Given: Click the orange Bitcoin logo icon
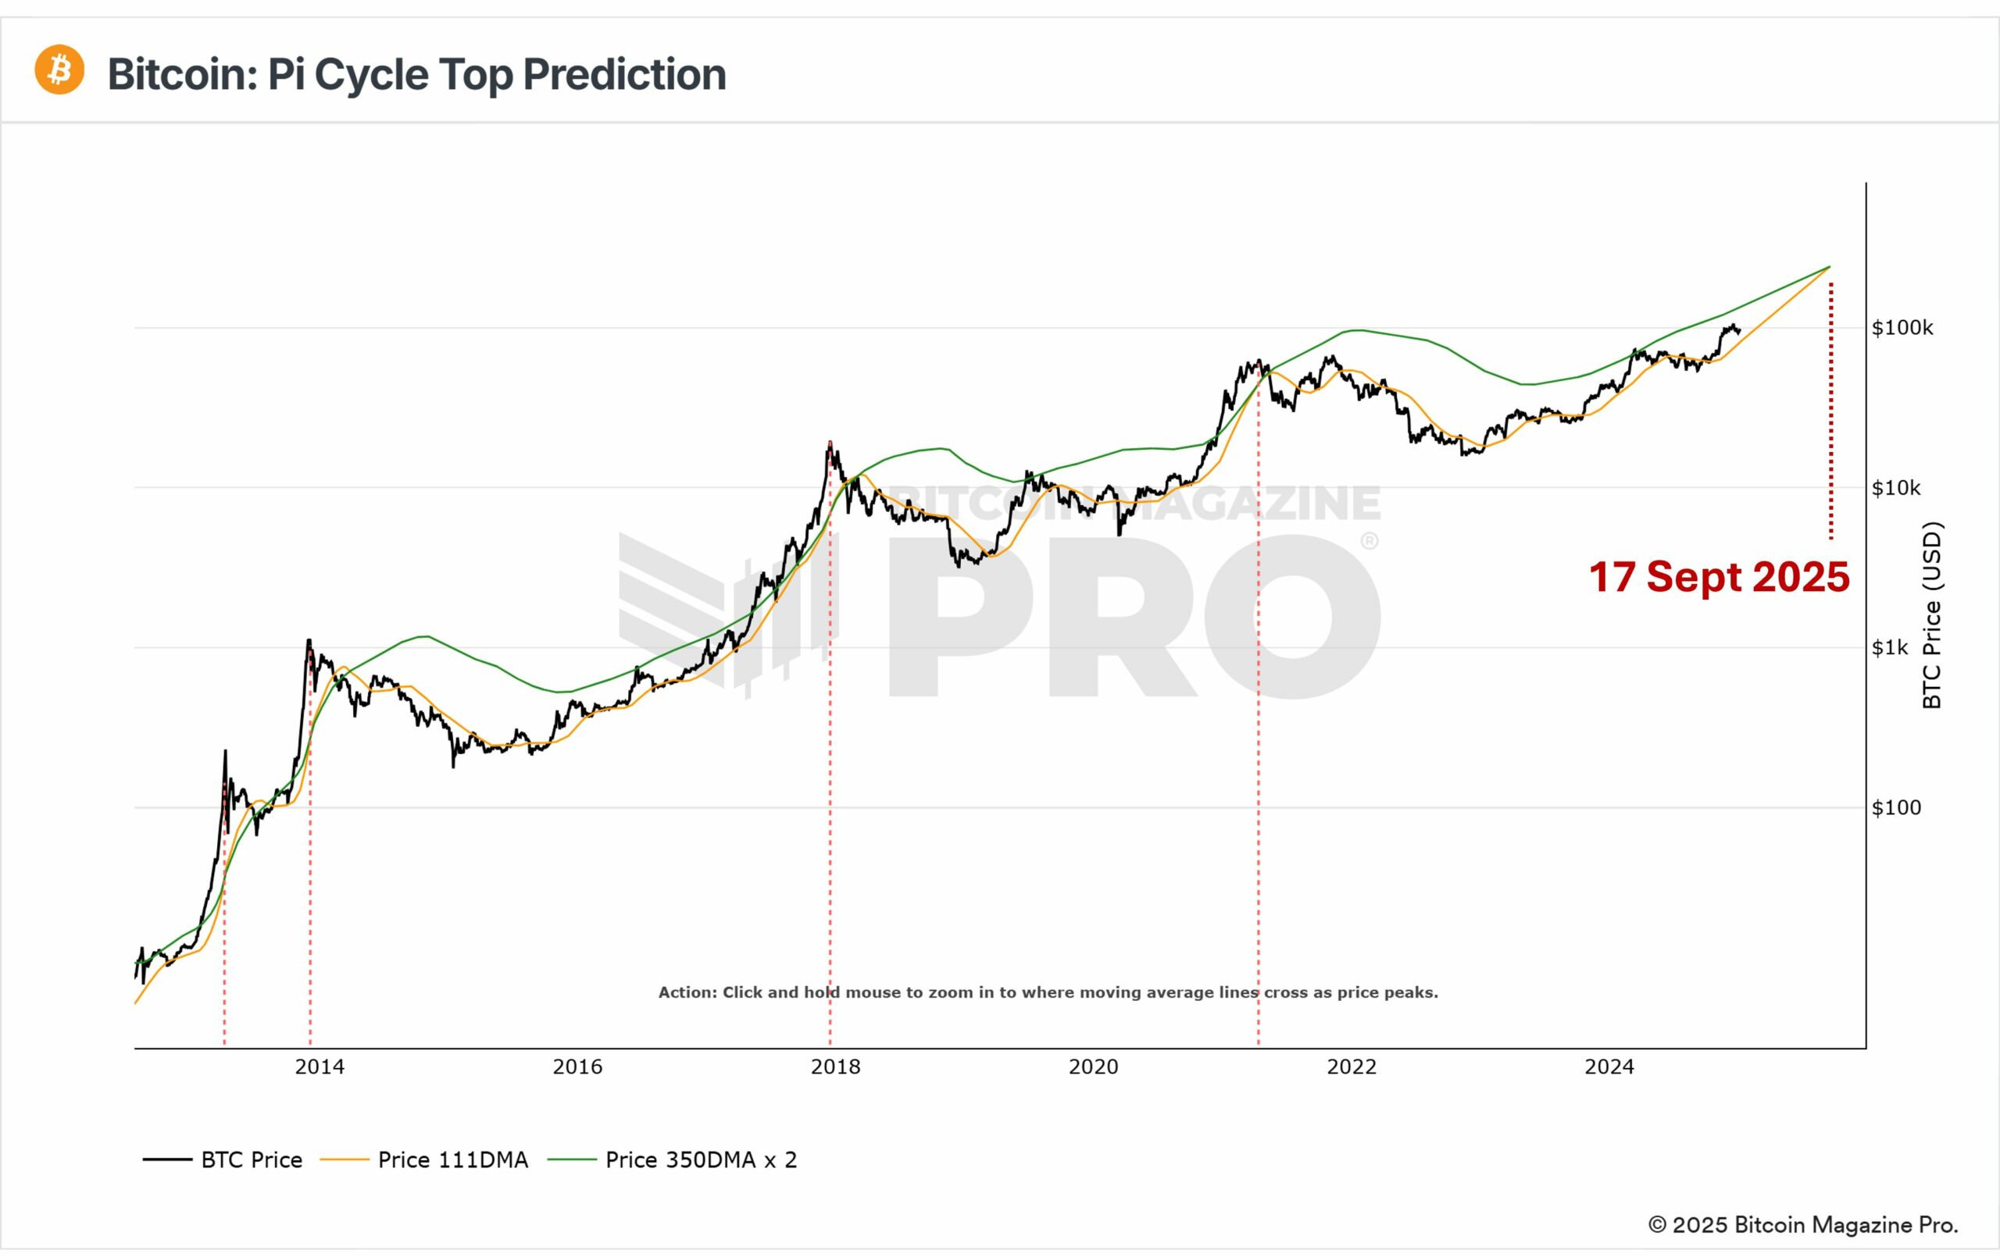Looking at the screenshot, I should pos(59,69).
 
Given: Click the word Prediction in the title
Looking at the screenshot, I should pos(623,75).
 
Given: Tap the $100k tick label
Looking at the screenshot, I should pos(1902,328).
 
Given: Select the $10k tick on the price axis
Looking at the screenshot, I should pos(1895,488).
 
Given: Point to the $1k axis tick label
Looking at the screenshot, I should pos(1890,647).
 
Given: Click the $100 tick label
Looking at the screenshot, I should pos(1895,808).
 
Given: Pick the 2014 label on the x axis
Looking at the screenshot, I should pos(320,1066).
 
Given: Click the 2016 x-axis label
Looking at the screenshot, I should pos(577,1066).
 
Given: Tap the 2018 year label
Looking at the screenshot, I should pos(836,1066).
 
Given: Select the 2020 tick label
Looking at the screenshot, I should pos(1093,1066).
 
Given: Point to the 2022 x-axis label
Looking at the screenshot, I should pos(1352,1066).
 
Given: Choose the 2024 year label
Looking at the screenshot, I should pos(1609,1066).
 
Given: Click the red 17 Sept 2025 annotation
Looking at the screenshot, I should pos(1720,577).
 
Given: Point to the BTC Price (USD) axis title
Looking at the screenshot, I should pos(1933,614).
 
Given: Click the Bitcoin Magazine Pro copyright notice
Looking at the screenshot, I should pos(1802,1225).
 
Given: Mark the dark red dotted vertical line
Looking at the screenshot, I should pos(1830,415).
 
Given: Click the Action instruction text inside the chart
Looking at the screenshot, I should pos(1048,992).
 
